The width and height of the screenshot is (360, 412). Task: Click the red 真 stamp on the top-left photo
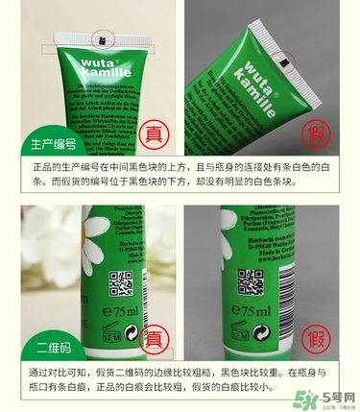[x=153, y=134]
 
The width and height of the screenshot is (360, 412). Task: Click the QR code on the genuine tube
[x=120, y=282]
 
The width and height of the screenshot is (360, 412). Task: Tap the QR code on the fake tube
[x=251, y=282]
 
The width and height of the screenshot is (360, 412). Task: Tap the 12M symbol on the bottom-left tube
[x=108, y=337]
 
